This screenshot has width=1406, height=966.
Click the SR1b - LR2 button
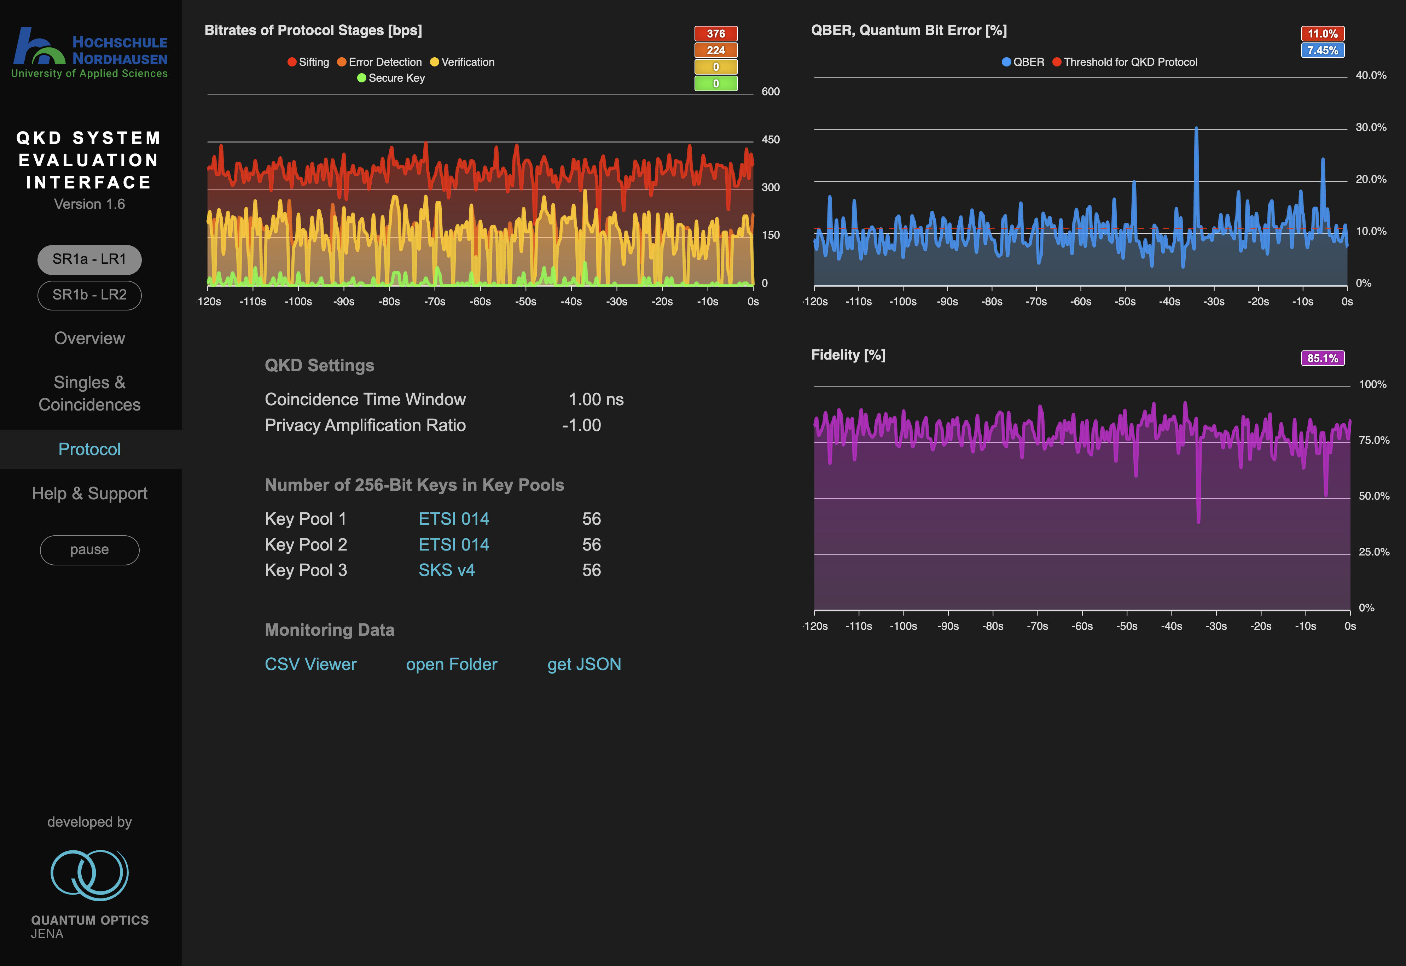coord(89,295)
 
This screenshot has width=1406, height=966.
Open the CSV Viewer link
coord(310,664)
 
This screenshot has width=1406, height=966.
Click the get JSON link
coord(584,664)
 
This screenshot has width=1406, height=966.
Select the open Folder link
coord(452,664)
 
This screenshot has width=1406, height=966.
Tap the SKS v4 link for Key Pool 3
coord(447,570)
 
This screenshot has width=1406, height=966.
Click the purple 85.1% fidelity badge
coord(1323,358)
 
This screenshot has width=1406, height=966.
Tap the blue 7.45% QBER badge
coord(1323,50)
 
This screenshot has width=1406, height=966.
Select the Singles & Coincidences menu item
coord(89,394)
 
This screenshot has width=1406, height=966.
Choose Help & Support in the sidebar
coord(89,493)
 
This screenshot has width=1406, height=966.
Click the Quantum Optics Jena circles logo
coord(89,875)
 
